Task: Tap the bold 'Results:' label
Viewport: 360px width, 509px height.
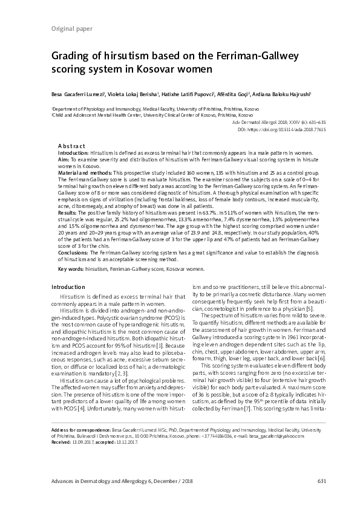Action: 67,213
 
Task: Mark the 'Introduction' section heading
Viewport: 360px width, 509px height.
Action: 69,286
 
